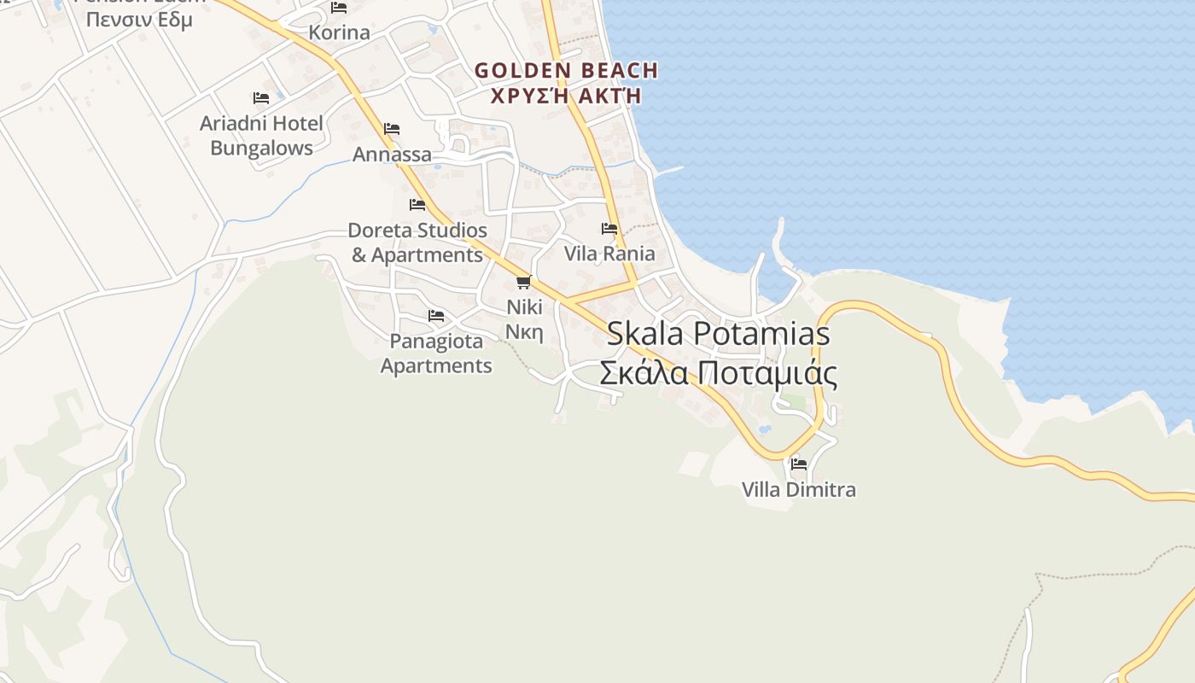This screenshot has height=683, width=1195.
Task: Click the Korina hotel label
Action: point(339,32)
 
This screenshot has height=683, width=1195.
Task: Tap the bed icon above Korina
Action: point(339,9)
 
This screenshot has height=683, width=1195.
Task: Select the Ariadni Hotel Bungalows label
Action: point(261,135)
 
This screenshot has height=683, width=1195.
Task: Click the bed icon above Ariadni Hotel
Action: point(261,98)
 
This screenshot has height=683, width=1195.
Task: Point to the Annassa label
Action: point(392,155)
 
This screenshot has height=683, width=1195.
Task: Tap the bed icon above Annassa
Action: point(392,129)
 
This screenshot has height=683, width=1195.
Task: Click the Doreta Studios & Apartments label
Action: point(417,242)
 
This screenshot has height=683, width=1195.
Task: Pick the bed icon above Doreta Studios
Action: point(417,205)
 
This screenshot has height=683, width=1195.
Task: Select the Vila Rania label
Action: point(609,254)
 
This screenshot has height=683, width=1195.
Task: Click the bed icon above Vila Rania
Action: point(609,229)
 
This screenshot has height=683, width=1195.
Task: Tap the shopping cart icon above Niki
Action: point(524,282)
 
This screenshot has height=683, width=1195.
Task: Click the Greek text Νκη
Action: point(524,332)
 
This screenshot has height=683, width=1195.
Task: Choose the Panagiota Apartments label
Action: point(436,353)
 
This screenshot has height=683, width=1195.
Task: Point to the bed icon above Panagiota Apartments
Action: point(436,316)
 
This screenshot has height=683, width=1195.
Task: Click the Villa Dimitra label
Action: point(798,489)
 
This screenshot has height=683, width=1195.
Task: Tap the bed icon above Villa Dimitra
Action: point(799,464)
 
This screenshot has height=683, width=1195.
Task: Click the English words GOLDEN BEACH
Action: point(566,71)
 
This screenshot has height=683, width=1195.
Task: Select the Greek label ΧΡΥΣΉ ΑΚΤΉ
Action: point(566,96)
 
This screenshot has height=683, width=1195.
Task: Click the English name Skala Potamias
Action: point(718,334)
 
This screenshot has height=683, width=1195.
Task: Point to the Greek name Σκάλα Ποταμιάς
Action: point(718,373)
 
